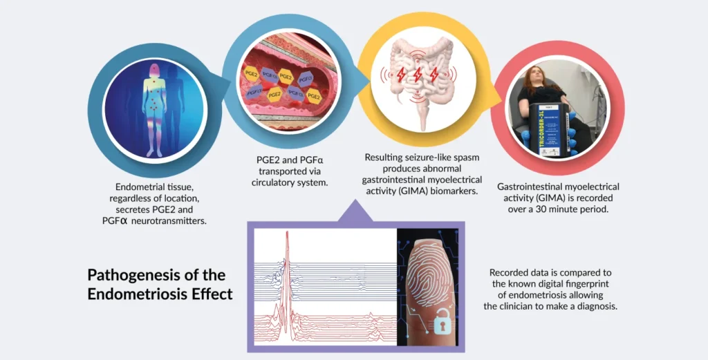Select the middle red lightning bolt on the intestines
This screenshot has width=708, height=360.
(x=417, y=75)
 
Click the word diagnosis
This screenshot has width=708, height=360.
(x=595, y=306)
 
